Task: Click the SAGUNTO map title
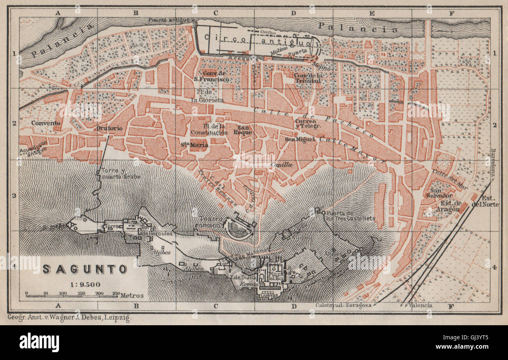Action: click(84, 269)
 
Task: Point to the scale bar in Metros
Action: click(72, 296)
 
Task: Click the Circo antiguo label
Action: click(256, 40)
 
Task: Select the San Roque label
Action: click(245, 129)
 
